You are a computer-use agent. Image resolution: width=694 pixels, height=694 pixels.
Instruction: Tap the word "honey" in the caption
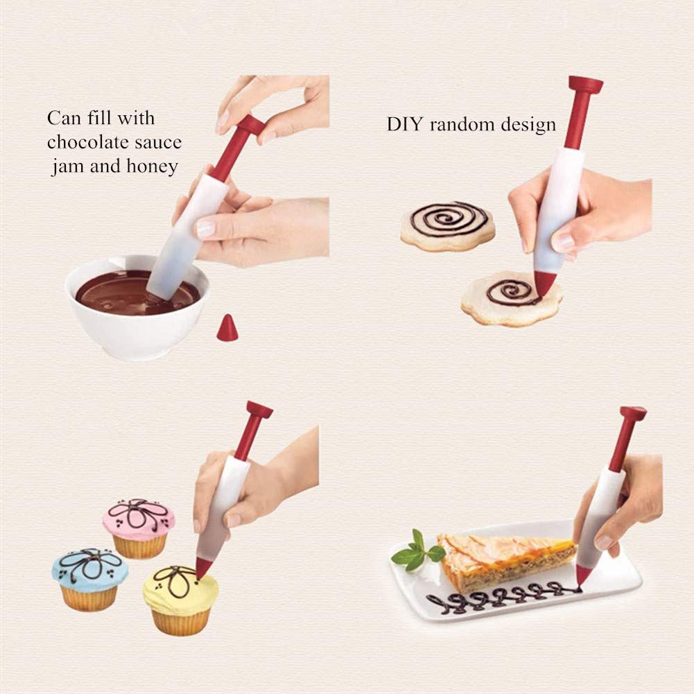[153, 167]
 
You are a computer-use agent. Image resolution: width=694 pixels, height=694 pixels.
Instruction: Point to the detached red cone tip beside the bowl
[227, 329]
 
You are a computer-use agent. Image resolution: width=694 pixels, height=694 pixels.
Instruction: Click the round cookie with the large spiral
[448, 225]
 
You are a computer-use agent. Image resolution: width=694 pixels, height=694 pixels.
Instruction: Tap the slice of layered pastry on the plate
[506, 558]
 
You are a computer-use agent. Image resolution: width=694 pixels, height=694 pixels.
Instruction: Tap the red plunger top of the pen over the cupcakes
[259, 410]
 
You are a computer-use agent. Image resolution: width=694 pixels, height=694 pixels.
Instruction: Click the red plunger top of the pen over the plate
[633, 415]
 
